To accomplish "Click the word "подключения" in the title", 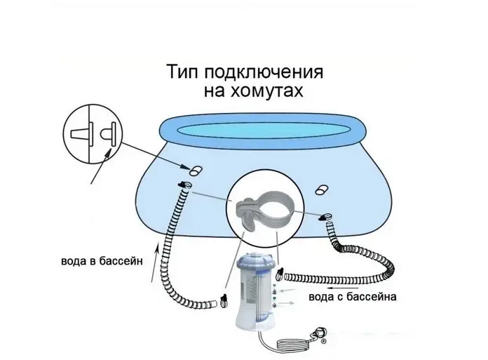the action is click(x=264, y=73).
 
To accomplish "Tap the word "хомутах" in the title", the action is click(x=266, y=91).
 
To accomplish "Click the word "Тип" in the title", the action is click(x=184, y=72).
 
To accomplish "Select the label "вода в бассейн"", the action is click(x=102, y=260).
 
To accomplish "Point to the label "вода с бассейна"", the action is click(x=353, y=296).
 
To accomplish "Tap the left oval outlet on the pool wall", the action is click(x=196, y=171).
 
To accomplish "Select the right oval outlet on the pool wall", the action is click(x=322, y=189).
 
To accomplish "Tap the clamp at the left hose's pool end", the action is click(x=185, y=185).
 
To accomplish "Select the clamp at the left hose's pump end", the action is click(x=224, y=300).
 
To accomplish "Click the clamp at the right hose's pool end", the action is click(x=325, y=217).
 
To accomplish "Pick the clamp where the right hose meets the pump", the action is click(x=280, y=273).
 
